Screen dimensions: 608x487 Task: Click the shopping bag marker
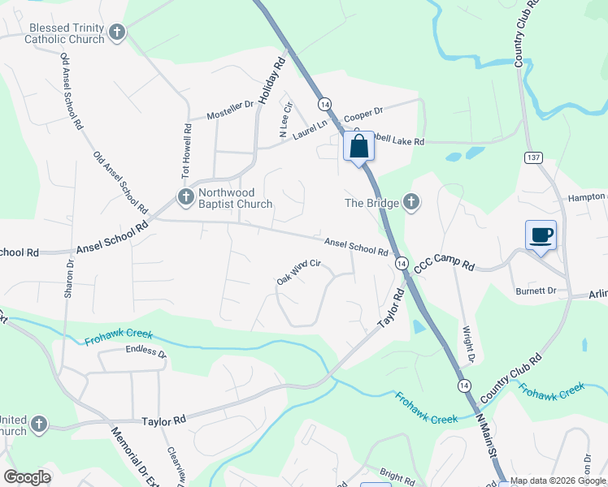359,148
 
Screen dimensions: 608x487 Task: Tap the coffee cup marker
541,236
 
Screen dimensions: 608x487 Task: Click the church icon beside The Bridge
411,203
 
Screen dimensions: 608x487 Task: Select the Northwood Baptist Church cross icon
185,196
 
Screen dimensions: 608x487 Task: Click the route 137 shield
533,157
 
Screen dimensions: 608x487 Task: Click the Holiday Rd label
273,79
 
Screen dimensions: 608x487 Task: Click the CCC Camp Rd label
444,265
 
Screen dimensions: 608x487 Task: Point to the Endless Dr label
145,352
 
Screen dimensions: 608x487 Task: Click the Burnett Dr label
536,291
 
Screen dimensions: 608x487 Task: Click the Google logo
27,477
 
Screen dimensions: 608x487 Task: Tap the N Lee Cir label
284,119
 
